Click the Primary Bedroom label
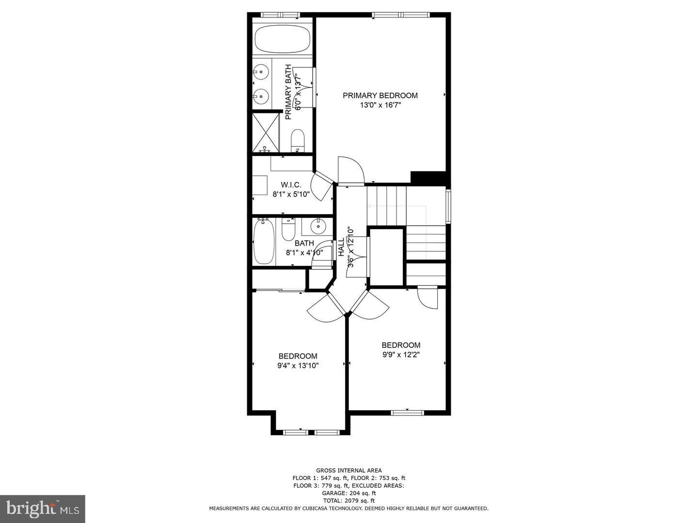coord(380,95)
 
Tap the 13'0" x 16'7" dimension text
coord(380,105)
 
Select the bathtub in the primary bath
coord(283,39)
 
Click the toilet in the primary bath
coord(298,140)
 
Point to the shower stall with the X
coord(266,133)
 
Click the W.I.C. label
coord(291,185)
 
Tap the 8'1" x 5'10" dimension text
coord(291,194)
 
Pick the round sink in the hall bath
coord(317,226)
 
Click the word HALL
coord(341,247)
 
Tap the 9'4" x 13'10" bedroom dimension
coord(298,366)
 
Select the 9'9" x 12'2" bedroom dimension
coord(401,354)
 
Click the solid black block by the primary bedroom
coord(428,178)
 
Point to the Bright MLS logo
coord(43,508)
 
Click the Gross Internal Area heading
coord(349,470)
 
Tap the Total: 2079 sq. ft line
coord(349,501)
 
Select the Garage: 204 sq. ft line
coord(349,493)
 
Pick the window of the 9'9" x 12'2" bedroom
coord(407,413)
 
